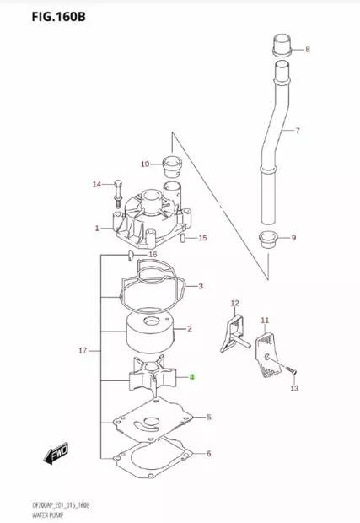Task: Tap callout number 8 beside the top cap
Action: coord(307,50)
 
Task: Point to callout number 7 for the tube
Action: coord(297,131)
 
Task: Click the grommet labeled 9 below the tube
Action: coord(269,238)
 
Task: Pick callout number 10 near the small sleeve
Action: coord(145,164)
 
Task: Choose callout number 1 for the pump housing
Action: coord(98,228)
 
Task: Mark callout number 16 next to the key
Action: coord(153,254)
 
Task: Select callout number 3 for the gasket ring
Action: coord(201,287)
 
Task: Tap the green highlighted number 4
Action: coord(192,378)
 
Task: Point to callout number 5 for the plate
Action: coord(209,417)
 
